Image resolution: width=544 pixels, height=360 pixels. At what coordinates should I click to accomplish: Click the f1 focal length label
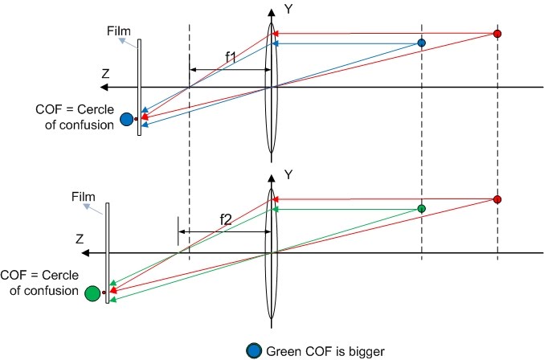pos(231,56)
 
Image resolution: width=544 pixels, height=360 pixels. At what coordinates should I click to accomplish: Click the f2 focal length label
pos(227,218)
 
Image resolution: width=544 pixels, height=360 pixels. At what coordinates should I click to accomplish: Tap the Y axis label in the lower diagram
pos(288,174)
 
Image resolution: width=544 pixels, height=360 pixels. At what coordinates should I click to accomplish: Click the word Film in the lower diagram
pos(83,195)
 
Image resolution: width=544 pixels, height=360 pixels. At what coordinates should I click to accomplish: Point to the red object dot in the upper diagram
pos(497,34)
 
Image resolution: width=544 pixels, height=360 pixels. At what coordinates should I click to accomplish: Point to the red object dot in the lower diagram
pos(497,199)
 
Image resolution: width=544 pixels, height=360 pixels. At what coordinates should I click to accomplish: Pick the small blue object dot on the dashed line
pos(421,43)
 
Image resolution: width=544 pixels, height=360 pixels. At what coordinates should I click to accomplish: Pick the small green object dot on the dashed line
pos(421,209)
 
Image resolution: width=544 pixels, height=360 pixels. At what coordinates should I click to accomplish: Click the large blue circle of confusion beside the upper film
pos(125,120)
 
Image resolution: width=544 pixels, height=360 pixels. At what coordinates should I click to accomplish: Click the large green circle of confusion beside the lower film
pos(92,292)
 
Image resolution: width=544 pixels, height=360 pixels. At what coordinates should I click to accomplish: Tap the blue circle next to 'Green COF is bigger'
pos(255,350)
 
